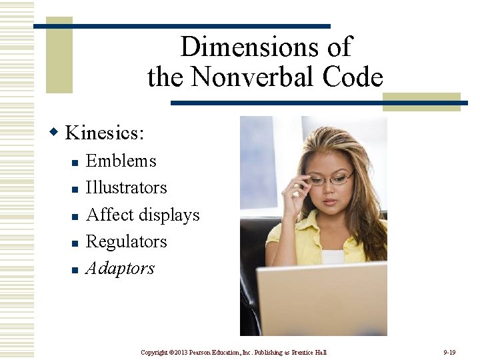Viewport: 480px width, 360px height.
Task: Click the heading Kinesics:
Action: (104, 132)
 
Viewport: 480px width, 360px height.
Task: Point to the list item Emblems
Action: (121, 161)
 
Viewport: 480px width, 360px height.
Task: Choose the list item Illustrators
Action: (127, 187)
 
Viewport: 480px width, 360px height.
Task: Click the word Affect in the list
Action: (107, 215)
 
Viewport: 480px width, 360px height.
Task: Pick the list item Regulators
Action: (127, 241)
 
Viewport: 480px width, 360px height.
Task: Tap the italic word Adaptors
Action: (121, 269)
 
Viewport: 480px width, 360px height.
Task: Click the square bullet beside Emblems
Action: (75, 163)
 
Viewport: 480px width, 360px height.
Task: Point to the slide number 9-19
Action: (449, 351)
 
